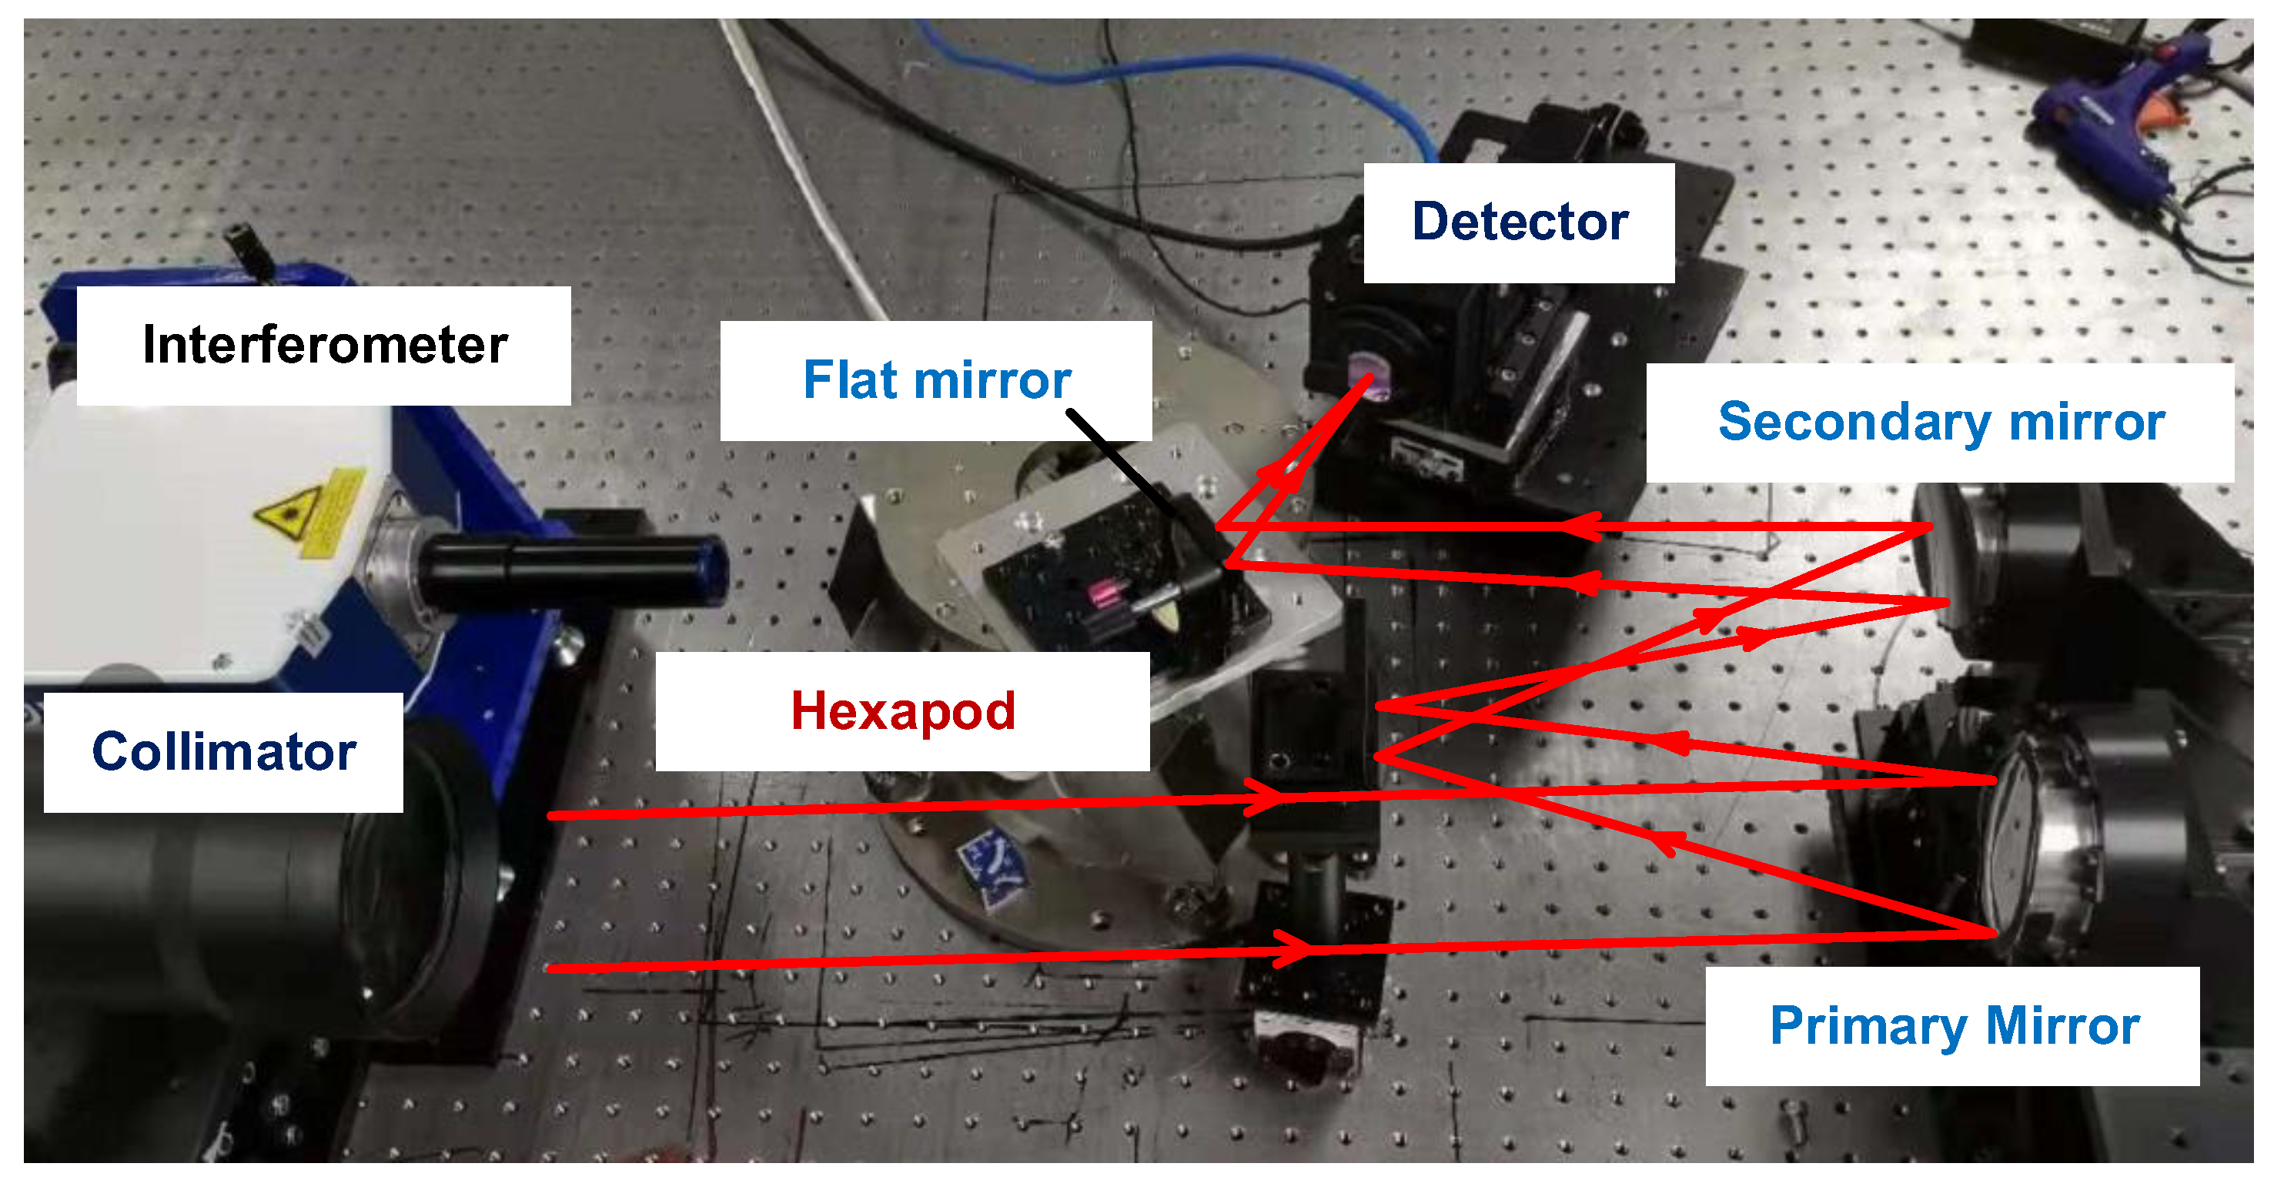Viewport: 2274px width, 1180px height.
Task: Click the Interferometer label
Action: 324,345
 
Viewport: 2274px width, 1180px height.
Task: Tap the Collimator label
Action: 223,752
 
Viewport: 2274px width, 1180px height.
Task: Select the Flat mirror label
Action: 936,380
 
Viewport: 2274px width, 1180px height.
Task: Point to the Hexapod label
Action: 902,711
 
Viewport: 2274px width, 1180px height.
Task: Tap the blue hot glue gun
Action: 2118,115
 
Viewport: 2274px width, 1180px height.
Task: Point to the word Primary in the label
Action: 1868,1025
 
